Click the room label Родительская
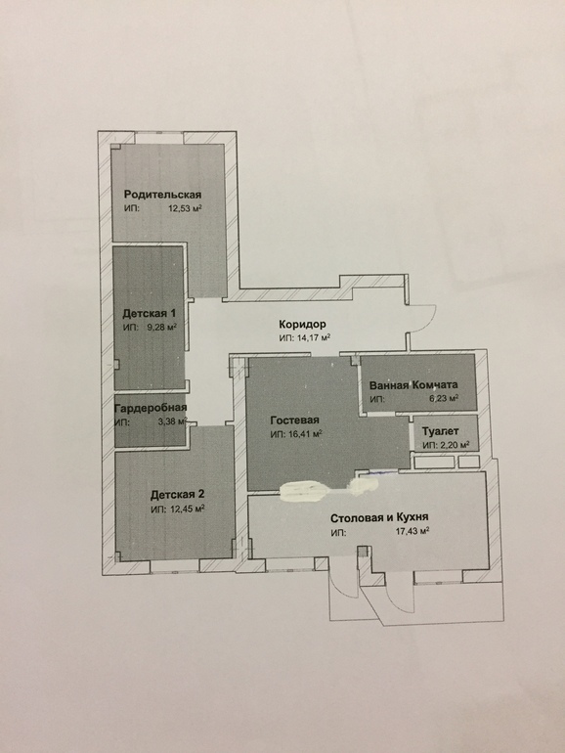coord(162,195)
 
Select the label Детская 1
coord(149,314)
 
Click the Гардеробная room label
coord(151,408)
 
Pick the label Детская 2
coord(178,495)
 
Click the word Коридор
coord(302,324)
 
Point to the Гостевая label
coord(295,421)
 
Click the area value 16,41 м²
coord(305,434)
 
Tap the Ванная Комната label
coord(413,384)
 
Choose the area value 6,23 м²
coord(444,399)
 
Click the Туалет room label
coord(440,431)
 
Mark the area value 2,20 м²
coord(455,445)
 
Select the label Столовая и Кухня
coord(379,517)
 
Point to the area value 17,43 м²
coord(412,531)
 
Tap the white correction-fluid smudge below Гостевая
coord(304,492)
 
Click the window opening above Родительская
coord(159,137)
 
